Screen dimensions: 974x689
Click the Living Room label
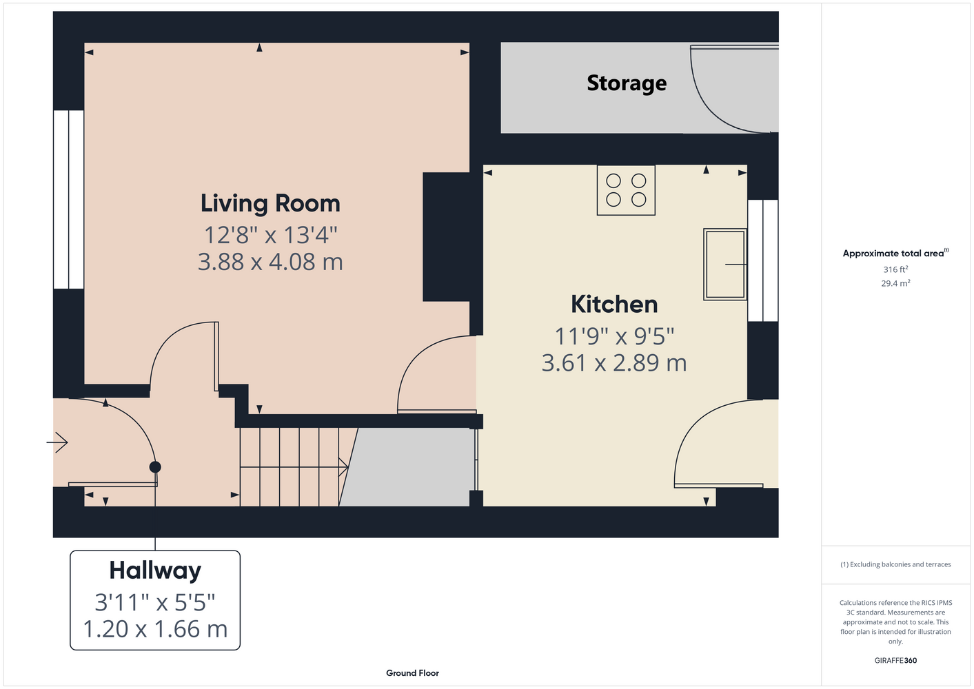[x=270, y=204]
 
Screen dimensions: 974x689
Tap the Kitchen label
[x=614, y=305]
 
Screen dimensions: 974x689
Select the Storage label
[x=627, y=83]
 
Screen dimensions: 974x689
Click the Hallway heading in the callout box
[x=155, y=570]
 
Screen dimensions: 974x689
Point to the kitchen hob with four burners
[x=626, y=190]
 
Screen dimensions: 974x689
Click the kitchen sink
[x=725, y=265]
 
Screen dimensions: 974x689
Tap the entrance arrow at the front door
[x=57, y=443]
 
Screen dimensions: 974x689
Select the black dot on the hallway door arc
[x=155, y=467]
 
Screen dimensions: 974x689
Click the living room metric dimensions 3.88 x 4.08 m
[x=270, y=262]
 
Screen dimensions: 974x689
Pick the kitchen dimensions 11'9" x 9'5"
[x=614, y=336]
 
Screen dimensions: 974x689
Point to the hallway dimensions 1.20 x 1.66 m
[x=155, y=629]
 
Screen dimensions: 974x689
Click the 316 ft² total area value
[x=895, y=269]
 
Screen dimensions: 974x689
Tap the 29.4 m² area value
[x=895, y=283]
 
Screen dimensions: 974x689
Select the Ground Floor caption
[x=413, y=673]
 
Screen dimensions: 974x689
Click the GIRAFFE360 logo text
[x=895, y=660]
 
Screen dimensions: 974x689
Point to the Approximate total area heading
[x=895, y=253]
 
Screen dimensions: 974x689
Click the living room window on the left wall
[x=69, y=200]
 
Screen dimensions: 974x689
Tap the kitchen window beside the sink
[x=762, y=260]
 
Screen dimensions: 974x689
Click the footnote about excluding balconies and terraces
[x=895, y=564]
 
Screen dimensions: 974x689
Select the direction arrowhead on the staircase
[x=344, y=467]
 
